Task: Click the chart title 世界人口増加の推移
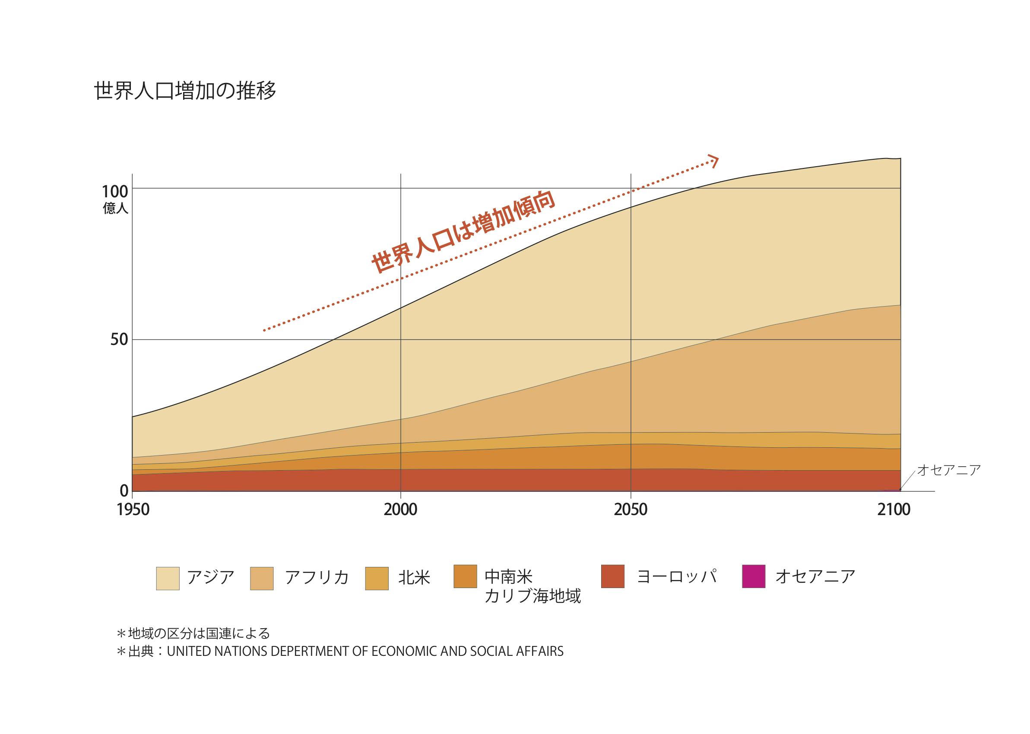coord(185,91)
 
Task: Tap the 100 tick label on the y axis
coord(115,192)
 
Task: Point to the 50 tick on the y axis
coord(119,339)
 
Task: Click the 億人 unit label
coord(115,209)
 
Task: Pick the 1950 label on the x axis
coord(133,510)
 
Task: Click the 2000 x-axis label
coord(400,510)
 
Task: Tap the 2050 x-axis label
coord(631,510)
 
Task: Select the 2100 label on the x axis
coord(894,510)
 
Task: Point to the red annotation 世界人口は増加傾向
coord(463,232)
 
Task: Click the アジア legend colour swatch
coord(168,579)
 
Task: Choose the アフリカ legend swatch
coord(262,579)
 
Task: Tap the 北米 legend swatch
coord(377,579)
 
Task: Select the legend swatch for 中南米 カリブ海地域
coord(465,576)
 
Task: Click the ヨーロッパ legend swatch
coord(613,576)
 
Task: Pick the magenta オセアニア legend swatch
coord(754,576)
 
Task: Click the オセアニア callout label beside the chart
coord(949,470)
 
